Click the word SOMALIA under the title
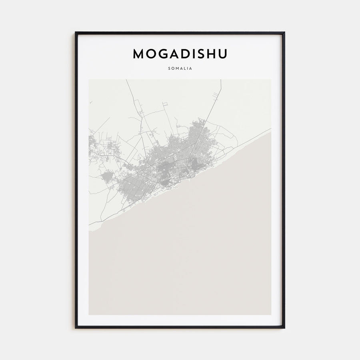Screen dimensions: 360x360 point(180,68)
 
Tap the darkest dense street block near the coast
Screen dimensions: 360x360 point(195,164)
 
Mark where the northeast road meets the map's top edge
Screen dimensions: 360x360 point(221,80)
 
